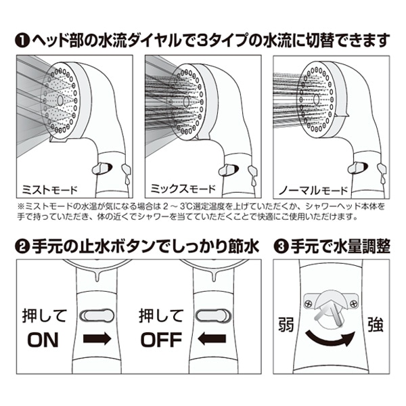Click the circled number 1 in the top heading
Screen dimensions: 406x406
[22, 39]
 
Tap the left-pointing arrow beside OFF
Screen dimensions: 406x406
[213, 339]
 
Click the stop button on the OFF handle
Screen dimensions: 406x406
[213, 315]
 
